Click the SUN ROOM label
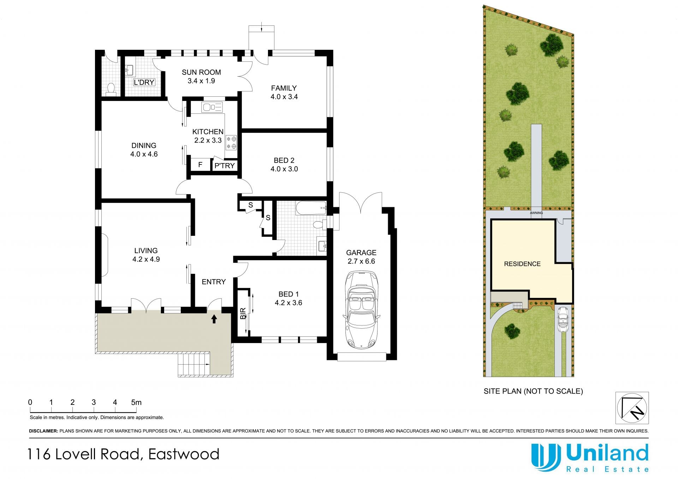coord(201,72)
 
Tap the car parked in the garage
coord(361,310)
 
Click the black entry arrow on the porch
coord(214,319)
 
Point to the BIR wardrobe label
coord(243,313)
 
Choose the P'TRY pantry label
coord(225,166)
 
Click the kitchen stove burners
coord(231,142)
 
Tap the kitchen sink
coord(212,107)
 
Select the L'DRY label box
coord(144,82)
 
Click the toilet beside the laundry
coord(111,89)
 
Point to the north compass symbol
coord(632,408)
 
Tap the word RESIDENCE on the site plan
coord(522,264)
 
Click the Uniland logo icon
coord(546,457)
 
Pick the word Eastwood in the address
coord(184,454)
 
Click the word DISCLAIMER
coord(43,431)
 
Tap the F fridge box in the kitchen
coord(200,164)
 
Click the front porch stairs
coord(194,365)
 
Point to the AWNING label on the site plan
coord(536,213)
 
